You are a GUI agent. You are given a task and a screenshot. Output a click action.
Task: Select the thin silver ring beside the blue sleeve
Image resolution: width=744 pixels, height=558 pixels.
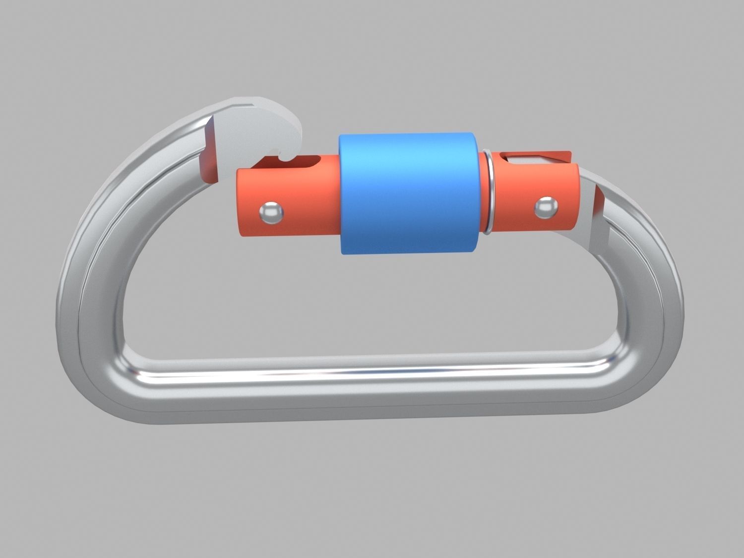point(489,193)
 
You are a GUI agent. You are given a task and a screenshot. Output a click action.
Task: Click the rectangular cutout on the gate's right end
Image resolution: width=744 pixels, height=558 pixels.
point(521,159)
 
